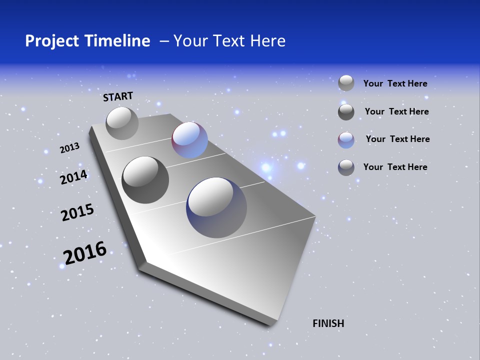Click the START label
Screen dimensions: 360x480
point(118,96)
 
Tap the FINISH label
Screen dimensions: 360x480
point(328,323)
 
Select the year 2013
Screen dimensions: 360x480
point(69,148)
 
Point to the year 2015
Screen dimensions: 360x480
point(77,212)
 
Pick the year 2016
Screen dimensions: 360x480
point(85,252)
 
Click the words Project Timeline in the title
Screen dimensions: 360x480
point(87,41)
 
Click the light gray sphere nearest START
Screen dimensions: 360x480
point(122,123)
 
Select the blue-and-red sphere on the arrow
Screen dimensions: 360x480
point(189,140)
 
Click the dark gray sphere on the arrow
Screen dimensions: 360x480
point(145,179)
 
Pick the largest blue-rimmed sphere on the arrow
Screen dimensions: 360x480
point(216,207)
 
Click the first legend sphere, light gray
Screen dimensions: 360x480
point(346,83)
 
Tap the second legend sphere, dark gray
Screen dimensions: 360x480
point(346,111)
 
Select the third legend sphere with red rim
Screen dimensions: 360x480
point(346,139)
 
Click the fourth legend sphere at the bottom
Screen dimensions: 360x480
point(346,167)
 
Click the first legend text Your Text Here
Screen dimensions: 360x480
point(395,84)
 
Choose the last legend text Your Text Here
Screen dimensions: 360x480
point(395,167)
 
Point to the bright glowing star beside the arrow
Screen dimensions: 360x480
point(266,167)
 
